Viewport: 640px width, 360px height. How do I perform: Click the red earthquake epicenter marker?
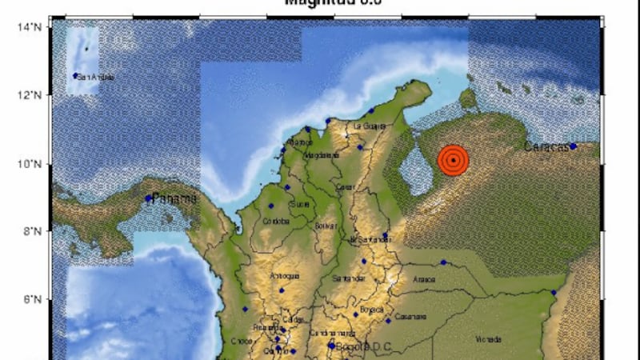coord(454,159)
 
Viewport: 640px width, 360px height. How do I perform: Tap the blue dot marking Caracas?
coord(573,146)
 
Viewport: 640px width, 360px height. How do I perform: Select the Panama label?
coord(176,198)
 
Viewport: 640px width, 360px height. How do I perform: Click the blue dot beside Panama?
coord(149,198)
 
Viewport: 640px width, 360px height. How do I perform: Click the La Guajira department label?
coord(370,126)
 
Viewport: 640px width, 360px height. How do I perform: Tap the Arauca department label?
coord(423,279)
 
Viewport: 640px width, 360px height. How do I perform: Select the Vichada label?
coord(489,339)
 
